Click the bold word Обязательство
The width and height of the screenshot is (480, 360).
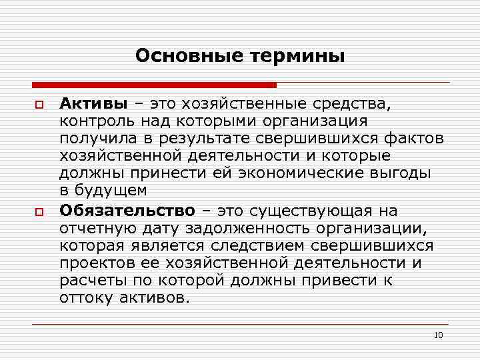tap(127, 211)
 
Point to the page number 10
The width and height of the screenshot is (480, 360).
tap(438, 335)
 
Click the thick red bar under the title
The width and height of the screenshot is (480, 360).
tap(154, 85)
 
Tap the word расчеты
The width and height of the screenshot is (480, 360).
tap(86, 280)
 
